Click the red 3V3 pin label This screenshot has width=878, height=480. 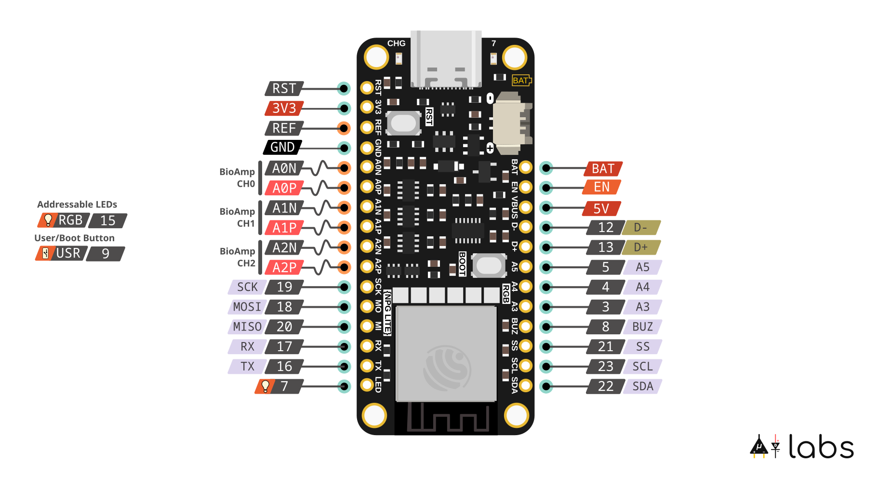click(284, 108)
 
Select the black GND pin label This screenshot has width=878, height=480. click(282, 147)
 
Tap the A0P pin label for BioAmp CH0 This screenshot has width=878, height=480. click(284, 188)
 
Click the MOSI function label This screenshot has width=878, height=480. click(247, 307)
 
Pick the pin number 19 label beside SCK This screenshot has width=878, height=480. click(284, 287)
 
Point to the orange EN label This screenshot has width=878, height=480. click(601, 187)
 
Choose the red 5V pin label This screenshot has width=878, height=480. click(601, 208)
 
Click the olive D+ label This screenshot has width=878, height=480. click(640, 247)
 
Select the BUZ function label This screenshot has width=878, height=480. click(642, 327)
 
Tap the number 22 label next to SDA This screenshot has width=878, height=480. click(605, 386)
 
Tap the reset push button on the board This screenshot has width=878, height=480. click(404, 123)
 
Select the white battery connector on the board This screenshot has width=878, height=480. click(511, 123)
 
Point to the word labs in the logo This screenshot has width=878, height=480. click(821, 447)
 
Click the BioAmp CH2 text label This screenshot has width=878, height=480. click(237, 257)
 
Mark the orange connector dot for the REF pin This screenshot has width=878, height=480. click(344, 128)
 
